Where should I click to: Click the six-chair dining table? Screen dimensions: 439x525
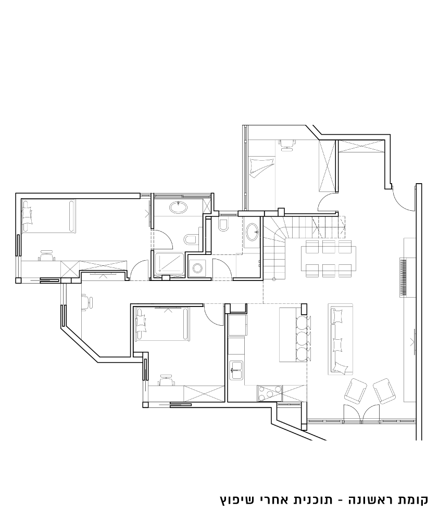[x=329, y=259]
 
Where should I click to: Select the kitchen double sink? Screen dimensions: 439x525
[x=236, y=370]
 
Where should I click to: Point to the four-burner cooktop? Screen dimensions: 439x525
[x=269, y=393]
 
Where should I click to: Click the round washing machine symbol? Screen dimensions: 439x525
[x=198, y=268]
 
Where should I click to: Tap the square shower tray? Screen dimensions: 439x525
[x=169, y=265]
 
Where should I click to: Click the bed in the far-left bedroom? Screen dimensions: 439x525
[x=49, y=216]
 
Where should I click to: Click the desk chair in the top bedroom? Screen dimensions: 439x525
[x=287, y=145]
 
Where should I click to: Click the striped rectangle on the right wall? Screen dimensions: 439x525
[x=403, y=277]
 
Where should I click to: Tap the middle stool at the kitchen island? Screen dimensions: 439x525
[x=303, y=339]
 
